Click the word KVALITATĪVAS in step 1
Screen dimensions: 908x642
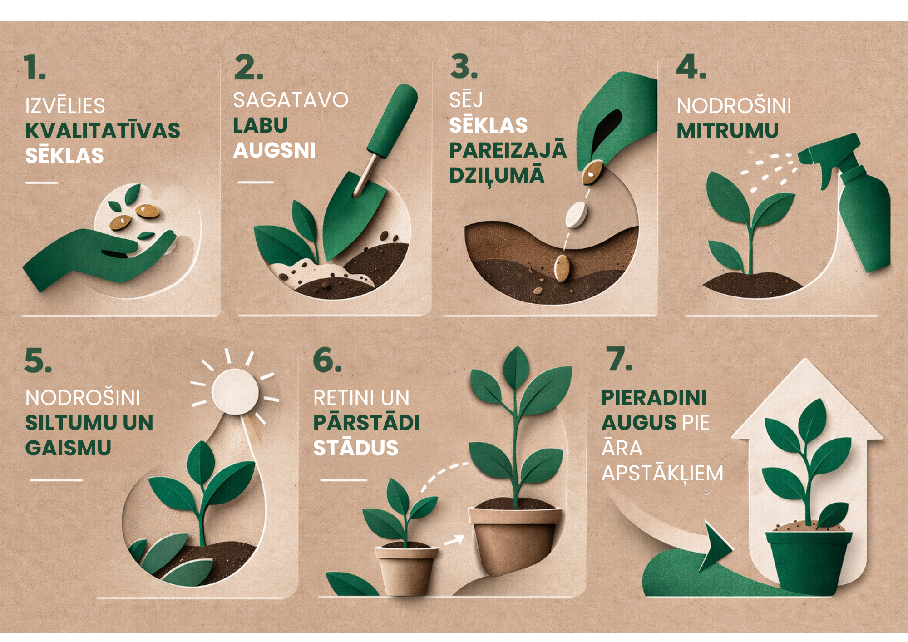[103, 130]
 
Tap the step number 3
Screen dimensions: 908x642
[464, 66]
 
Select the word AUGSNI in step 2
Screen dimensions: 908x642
[274, 150]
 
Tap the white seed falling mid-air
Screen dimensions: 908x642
[576, 215]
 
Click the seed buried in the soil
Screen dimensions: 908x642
[562, 268]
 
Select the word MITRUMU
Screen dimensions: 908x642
[727, 131]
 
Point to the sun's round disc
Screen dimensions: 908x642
[235, 391]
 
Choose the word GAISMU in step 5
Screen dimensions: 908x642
[68, 448]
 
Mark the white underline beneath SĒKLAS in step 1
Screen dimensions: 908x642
[42, 183]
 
